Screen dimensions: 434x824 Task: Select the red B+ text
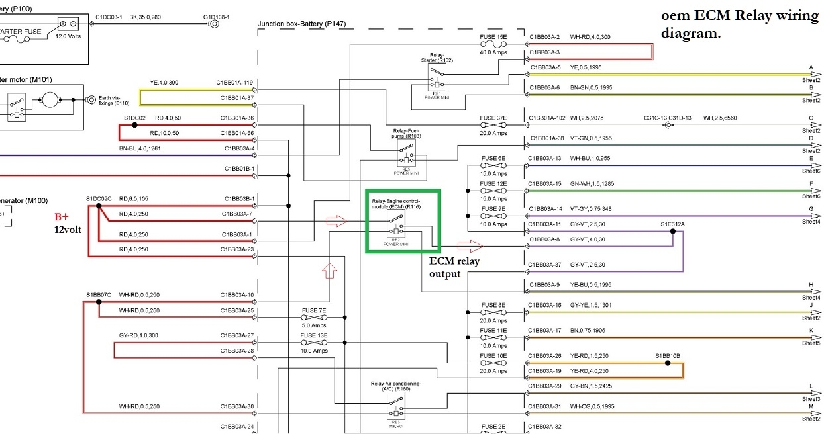pyautogui.click(x=62, y=216)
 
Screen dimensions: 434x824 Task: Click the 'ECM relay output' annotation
pyautogui.click(x=454, y=267)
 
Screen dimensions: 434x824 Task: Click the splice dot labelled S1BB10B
pyautogui.click(x=668, y=363)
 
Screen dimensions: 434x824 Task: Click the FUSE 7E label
pyautogui.click(x=313, y=310)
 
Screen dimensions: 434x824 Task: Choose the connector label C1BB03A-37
pyautogui.click(x=545, y=265)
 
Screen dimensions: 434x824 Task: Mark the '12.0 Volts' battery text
pyautogui.click(x=68, y=37)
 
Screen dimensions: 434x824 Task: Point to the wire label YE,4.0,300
pyautogui.click(x=164, y=83)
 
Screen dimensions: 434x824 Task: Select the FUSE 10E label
pyautogui.click(x=493, y=356)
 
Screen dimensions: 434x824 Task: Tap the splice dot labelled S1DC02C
pyautogui.click(x=98, y=206)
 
